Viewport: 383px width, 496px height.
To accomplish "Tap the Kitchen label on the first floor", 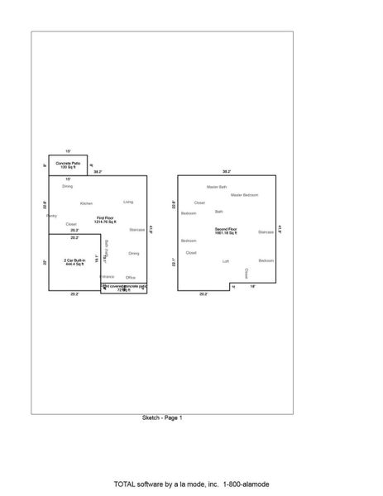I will [86, 203].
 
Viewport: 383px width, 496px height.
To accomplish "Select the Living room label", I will [128, 202].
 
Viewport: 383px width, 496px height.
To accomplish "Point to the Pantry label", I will [51, 216].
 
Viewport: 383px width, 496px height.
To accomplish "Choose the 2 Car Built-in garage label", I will [74, 262].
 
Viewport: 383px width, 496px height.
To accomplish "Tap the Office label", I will [131, 277].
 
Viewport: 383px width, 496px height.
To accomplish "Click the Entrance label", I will [108, 277].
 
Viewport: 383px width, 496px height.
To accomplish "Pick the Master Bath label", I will [217, 187].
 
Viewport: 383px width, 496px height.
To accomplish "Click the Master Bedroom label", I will [245, 195].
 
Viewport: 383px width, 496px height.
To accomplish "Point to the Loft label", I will [226, 261].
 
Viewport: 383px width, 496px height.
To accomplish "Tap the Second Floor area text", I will [226, 230].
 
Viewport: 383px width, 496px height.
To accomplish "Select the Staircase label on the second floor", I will [266, 232].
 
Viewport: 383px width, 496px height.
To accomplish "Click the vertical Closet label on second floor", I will [246, 273].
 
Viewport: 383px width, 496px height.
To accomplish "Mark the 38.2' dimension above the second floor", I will [227, 171].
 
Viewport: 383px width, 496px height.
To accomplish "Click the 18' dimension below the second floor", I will [253, 287].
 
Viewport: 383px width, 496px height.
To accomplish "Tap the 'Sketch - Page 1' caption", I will [162, 418].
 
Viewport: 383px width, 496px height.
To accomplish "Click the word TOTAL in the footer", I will [125, 484].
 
